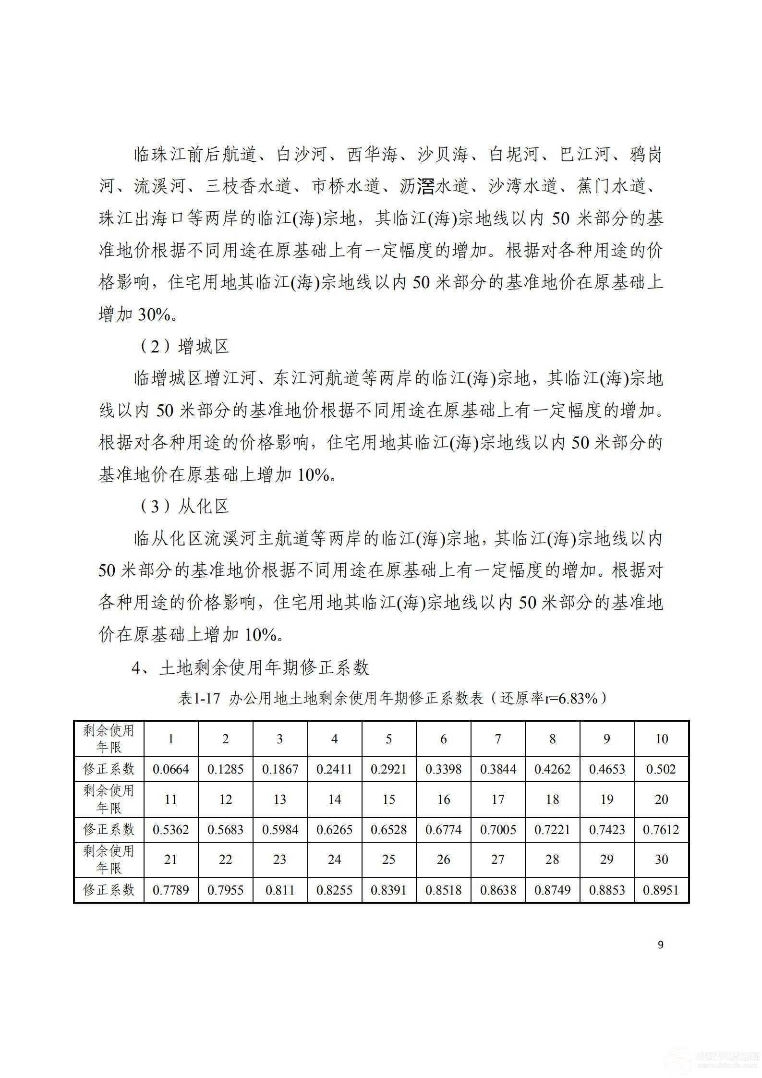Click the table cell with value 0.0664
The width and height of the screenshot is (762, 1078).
170,769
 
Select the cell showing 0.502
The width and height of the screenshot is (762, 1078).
661,769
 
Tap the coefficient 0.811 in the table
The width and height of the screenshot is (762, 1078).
279,890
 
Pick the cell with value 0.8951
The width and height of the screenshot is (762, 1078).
661,890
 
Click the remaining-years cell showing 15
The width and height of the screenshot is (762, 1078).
388,799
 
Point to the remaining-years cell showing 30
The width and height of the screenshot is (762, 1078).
661,860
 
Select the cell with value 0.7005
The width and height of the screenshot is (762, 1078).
498,830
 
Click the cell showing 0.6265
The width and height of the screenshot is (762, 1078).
334,830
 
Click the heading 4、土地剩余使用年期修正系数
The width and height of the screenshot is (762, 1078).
250,667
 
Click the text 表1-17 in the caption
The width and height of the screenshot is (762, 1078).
199,698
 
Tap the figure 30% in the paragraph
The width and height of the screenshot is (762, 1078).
154,315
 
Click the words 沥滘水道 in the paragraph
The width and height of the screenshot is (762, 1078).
434,186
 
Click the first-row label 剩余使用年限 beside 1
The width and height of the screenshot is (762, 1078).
109,739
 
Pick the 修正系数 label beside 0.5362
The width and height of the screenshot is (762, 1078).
109,830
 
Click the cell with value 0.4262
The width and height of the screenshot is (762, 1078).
552,769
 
